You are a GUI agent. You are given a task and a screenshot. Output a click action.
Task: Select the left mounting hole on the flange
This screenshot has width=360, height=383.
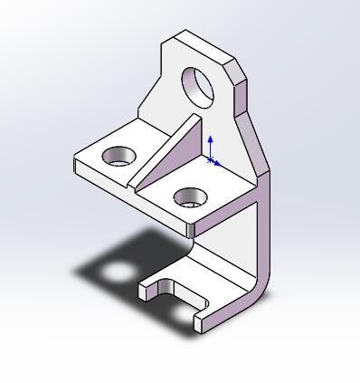[117, 156]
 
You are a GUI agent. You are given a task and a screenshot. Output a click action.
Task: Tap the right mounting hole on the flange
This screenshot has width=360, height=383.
[189, 196]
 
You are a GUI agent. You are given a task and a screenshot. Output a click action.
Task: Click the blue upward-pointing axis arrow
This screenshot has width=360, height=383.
[210, 140]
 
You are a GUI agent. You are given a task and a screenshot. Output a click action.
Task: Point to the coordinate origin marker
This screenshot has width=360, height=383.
[211, 160]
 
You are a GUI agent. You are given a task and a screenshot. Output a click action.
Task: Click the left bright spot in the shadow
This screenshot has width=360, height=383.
[118, 272]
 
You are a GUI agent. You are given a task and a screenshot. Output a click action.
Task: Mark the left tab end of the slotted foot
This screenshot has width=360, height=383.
[146, 292]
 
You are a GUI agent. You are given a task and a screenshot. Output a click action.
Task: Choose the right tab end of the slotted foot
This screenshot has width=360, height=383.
[202, 321]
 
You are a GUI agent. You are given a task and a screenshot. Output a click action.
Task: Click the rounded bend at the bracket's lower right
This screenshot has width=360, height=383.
[262, 285]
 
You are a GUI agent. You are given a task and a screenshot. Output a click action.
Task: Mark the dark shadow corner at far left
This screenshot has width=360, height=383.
[80, 271]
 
